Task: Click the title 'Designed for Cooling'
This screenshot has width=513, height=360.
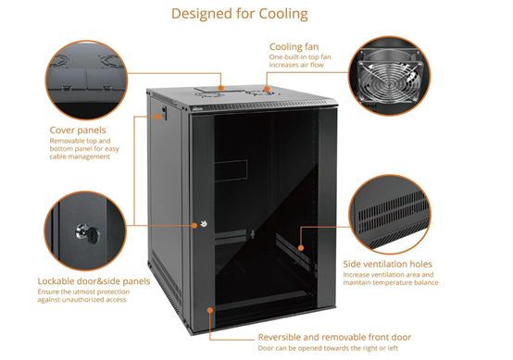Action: click(239, 14)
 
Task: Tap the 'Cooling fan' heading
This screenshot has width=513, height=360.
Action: click(294, 46)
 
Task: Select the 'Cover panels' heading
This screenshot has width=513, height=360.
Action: click(78, 130)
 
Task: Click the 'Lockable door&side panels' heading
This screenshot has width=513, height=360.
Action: click(94, 280)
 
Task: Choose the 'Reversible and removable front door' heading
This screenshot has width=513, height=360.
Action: click(334, 337)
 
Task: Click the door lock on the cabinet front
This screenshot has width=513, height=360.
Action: click(196, 223)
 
